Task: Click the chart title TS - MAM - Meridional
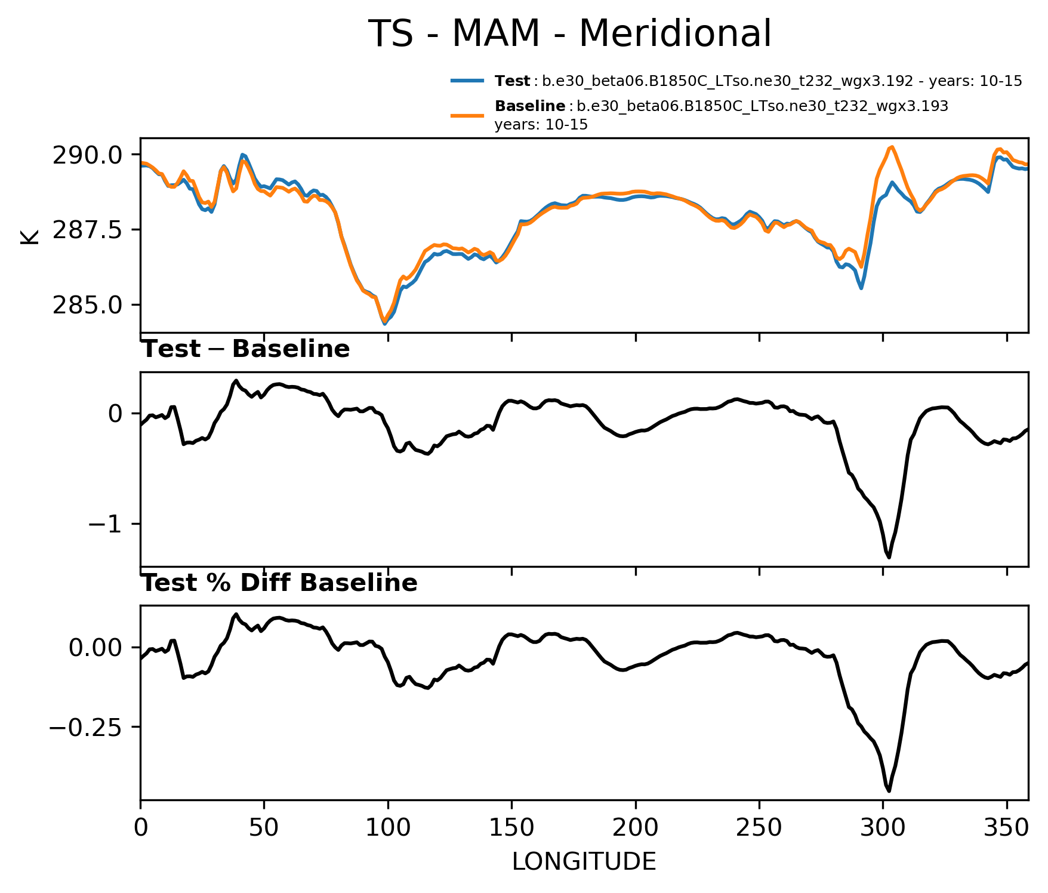pos(570,33)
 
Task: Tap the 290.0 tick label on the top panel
pos(88,155)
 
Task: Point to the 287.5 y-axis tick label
pos(88,230)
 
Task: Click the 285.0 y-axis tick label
pos(88,305)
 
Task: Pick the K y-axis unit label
pos(29,236)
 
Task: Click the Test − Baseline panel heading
pos(245,349)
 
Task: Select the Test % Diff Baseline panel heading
pos(279,583)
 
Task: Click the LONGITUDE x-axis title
pos(584,861)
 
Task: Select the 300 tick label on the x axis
pos(883,828)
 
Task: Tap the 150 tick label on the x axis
pos(511,828)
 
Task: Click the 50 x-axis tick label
pos(264,828)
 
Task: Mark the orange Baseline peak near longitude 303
pos(891,147)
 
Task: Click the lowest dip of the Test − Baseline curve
pos(889,557)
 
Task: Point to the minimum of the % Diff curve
pos(889,791)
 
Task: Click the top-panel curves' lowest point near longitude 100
pos(385,323)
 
